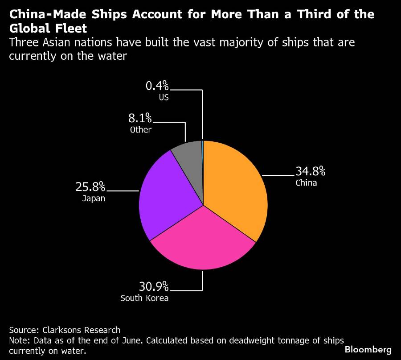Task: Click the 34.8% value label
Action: pyautogui.click(x=311, y=171)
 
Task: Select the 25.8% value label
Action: pyautogui.click(x=90, y=186)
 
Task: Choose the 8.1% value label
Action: pyautogui.click(x=140, y=119)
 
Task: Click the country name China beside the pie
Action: pyautogui.click(x=306, y=182)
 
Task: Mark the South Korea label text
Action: pyautogui.click(x=145, y=298)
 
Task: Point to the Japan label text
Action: pyautogui.click(x=94, y=199)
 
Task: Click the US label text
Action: pyautogui.click(x=164, y=97)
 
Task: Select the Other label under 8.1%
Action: pyautogui.click(x=141, y=130)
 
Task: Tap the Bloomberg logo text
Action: pyautogui.click(x=368, y=349)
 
